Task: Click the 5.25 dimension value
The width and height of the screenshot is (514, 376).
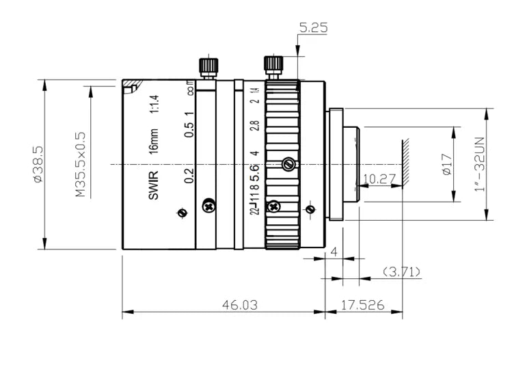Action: click(313, 28)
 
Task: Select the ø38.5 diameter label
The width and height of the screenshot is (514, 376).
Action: click(38, 164)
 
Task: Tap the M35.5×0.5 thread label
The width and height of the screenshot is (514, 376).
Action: click(81, 165)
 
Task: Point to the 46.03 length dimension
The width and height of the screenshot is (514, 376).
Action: click(240, 305)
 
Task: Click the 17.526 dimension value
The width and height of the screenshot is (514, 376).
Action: click(362, 305)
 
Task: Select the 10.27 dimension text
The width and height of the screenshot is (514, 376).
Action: click(379, 179)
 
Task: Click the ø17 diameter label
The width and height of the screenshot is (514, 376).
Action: click(447, 164)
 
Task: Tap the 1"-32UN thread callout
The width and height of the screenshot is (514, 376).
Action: click(480, 164)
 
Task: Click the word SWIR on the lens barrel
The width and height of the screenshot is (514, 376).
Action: click(153, 185)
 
